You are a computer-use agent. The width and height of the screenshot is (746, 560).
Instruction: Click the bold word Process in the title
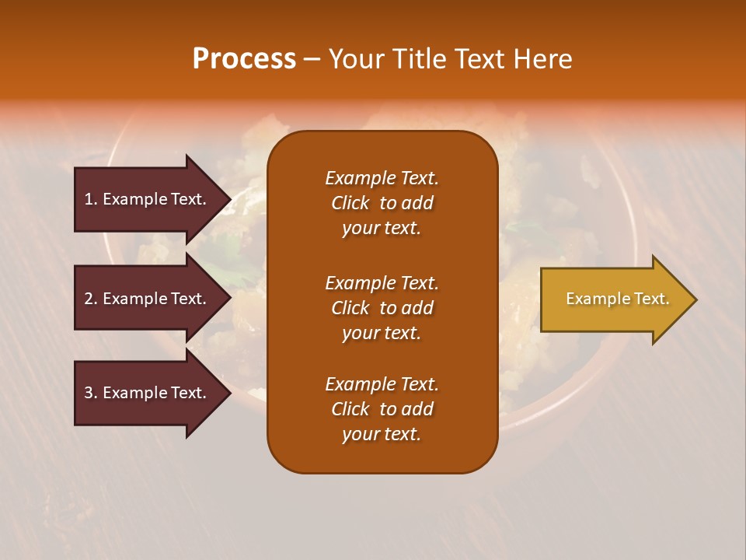(x=244, y=59)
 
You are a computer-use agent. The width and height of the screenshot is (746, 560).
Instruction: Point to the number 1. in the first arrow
(x=91, y=199)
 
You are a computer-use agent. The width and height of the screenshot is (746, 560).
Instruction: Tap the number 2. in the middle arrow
(x=91, y=299)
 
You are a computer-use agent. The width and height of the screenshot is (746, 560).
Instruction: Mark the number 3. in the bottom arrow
(x=91, y=393)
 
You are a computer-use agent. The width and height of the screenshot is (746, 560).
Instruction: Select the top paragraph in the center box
(x=382, y=203)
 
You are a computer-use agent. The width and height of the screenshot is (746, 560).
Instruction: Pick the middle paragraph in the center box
(x=382, y=308)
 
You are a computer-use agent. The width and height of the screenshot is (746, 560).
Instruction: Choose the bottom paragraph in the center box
(x=382, y=409)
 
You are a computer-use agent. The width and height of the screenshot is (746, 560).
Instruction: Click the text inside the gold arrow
(x=617, y=299)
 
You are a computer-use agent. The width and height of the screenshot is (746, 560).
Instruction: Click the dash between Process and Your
(x=311, y=60)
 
